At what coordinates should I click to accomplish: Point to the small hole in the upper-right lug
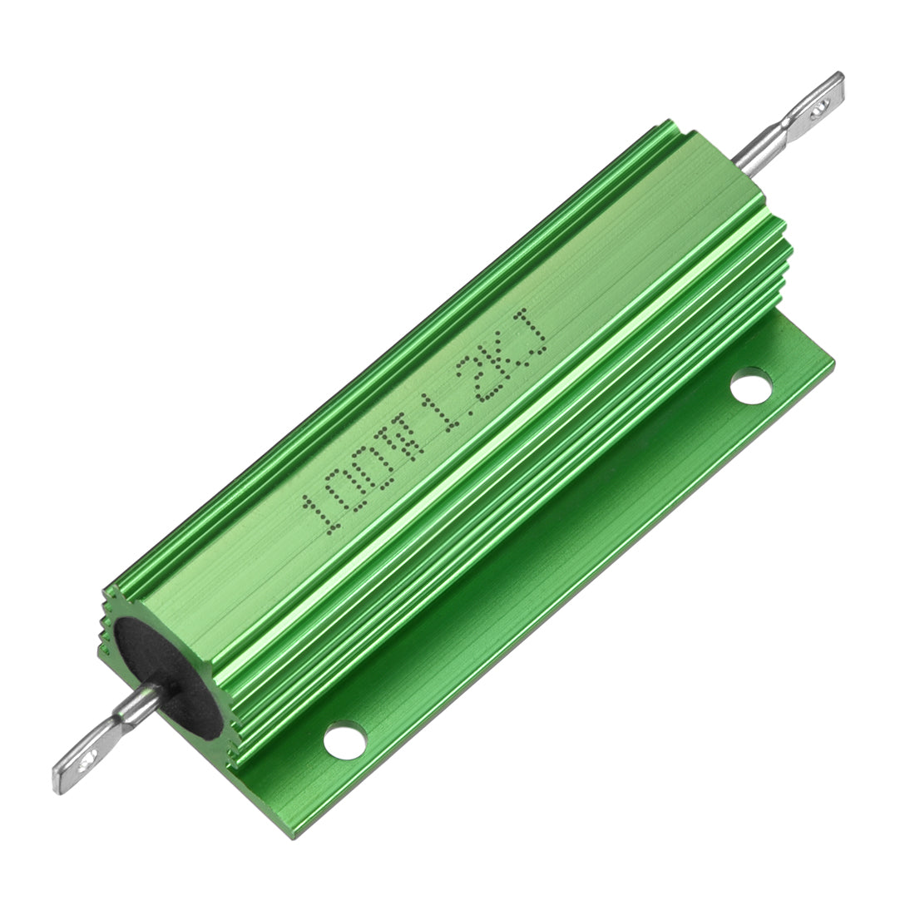click(x=823, y=103)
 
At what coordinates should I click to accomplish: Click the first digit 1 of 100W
click(x=320, y=513)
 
